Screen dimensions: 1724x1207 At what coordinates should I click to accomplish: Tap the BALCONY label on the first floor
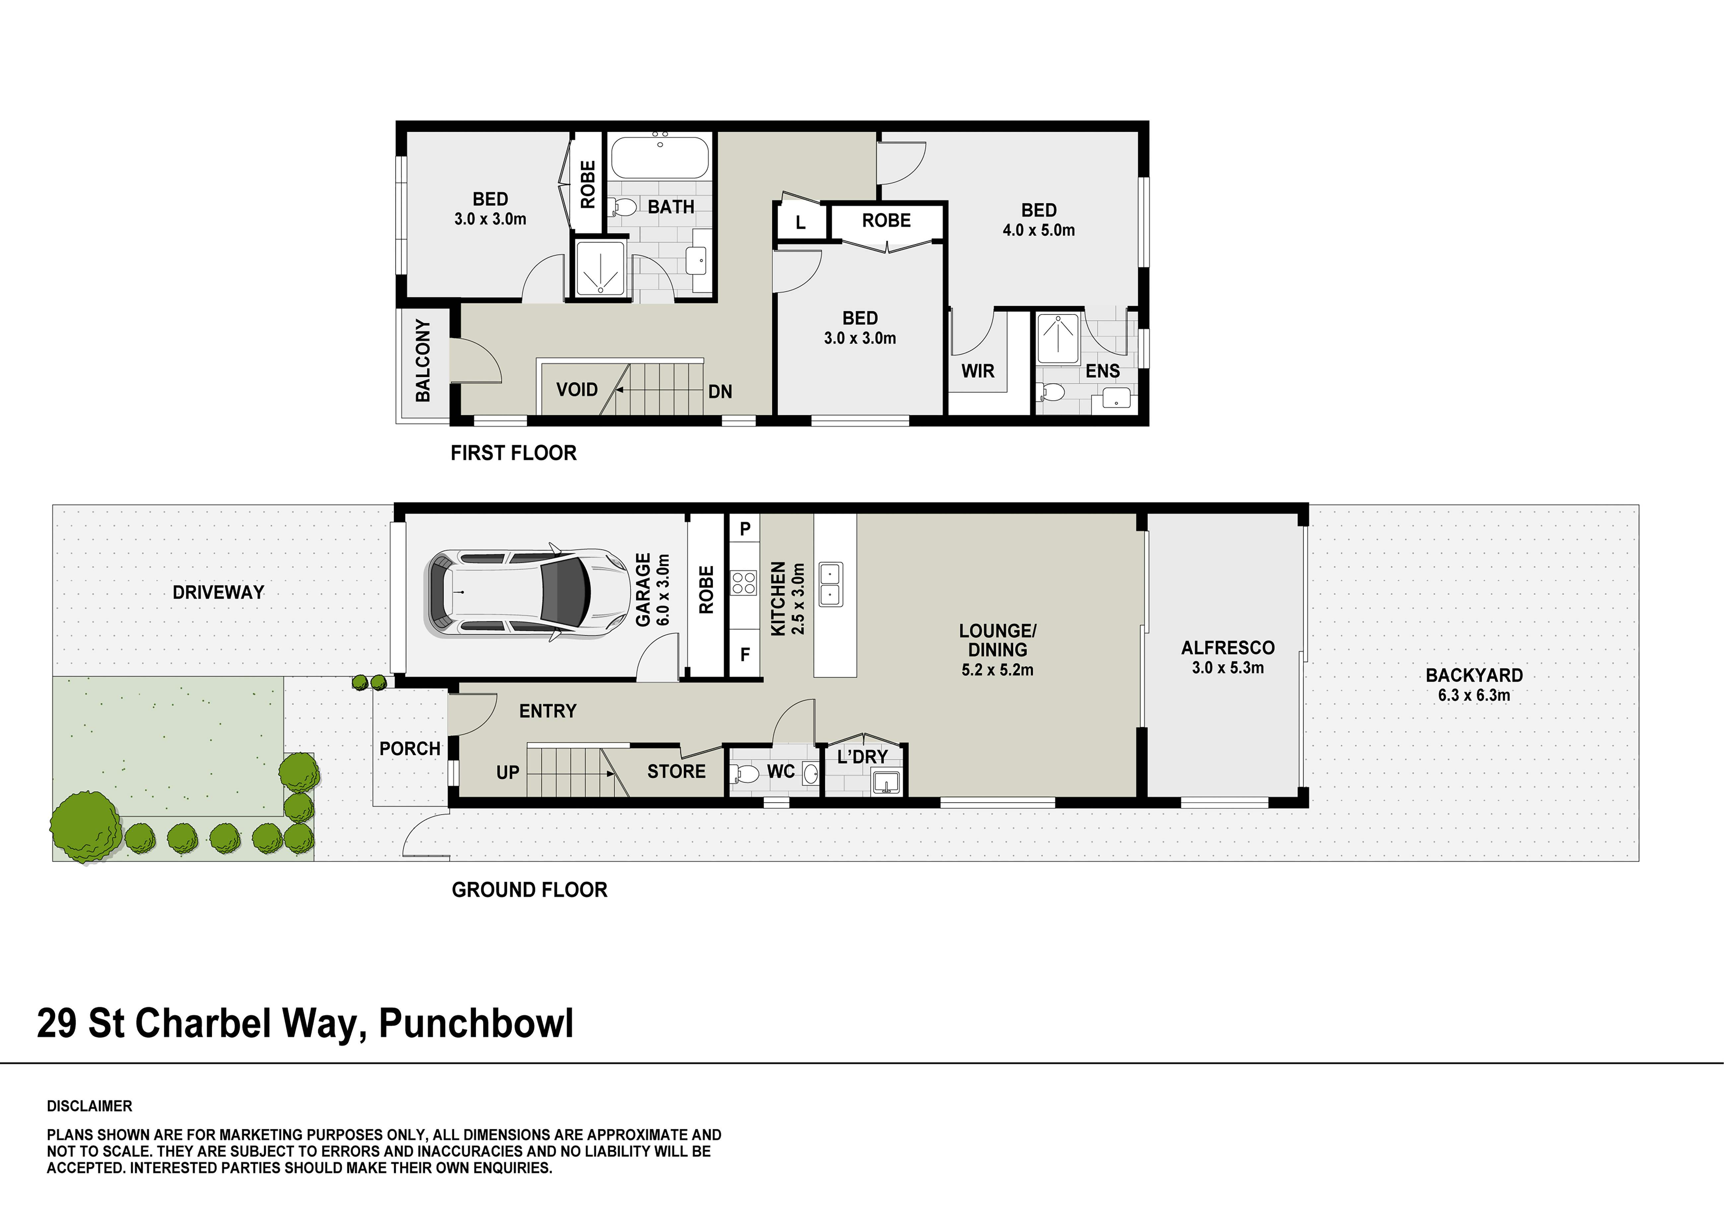point(423,360)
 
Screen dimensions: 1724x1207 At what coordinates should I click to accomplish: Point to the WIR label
point(978,371)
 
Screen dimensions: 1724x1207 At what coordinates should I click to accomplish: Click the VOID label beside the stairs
point(577,390)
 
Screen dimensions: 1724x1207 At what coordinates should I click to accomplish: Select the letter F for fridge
point(745,655)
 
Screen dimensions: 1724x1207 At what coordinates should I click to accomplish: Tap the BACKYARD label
point(1474,675)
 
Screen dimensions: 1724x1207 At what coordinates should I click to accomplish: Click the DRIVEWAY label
point(219,592)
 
